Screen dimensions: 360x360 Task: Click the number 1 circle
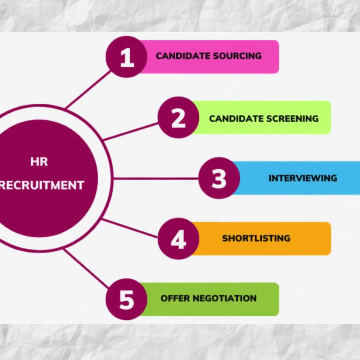126,57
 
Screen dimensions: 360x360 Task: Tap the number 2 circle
179,117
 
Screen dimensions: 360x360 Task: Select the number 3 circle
219,178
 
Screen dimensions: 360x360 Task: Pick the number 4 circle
179,239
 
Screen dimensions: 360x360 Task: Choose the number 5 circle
126,299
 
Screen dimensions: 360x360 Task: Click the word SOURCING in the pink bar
237,56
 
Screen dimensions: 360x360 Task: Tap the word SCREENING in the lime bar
292,119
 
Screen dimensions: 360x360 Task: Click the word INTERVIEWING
303,178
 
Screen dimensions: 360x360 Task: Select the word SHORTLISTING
256,238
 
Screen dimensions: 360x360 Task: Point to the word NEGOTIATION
225,298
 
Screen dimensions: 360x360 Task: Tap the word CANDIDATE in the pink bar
183,56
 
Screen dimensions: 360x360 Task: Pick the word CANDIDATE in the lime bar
236,119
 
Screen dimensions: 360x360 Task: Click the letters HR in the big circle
39,162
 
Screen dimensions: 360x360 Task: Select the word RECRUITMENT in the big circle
41,185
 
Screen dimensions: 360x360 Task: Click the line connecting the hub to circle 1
88,90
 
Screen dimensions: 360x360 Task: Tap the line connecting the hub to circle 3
156,178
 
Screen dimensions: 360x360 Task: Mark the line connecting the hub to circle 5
86,268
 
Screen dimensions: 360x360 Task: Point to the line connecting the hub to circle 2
131,131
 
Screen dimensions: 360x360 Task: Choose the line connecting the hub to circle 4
130,228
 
